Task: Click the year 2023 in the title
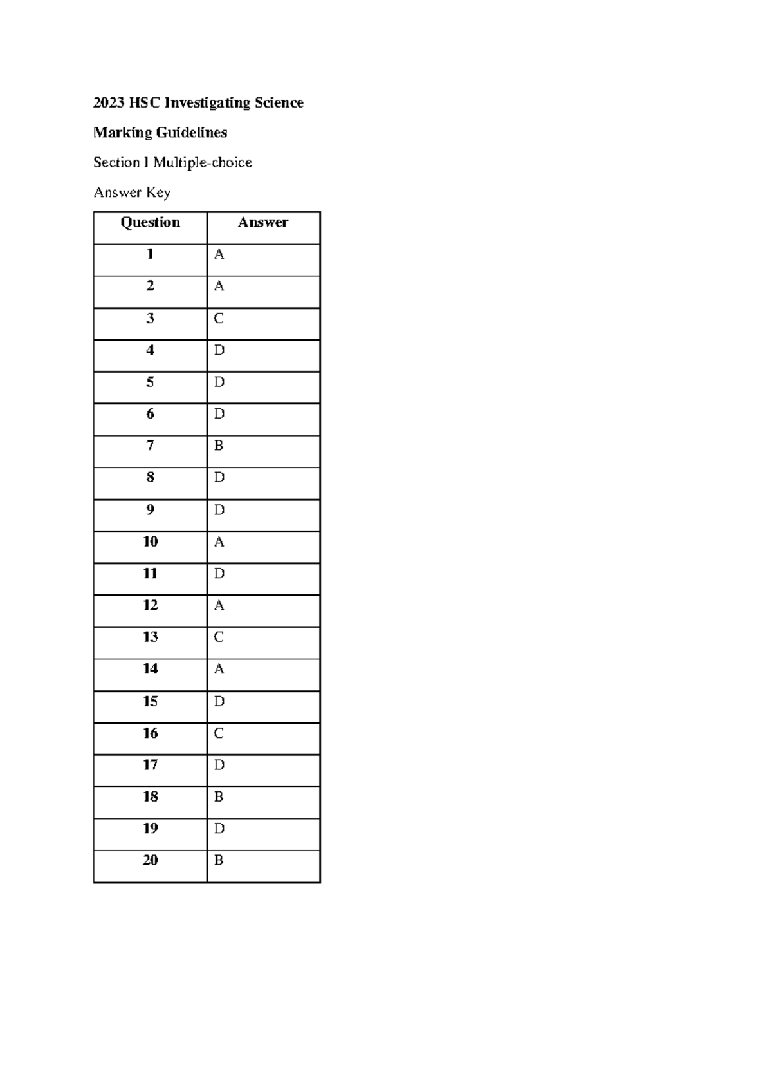pyautogui.click(x=109, y=103)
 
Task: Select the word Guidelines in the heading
pyautogui.click(x=192, y=133)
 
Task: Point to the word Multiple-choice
pyautogui.click(x=203, y=162)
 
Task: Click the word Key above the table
pyautogui.click(x=158, y=193)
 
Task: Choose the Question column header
pyautogui.click(x=150, y=223)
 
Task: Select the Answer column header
pyautogui.click(x=262, y=223)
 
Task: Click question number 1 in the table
pyautogui.click(x=150, y=254)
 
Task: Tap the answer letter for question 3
pyautogui.click(x=219, y=319)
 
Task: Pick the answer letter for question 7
pyautogui.click(x=219, y=446)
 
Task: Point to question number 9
pyautogui.click(x=150, y=510)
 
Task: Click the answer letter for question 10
pyautogui.click(x=219, y=542)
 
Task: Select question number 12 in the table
pyautogui.click(x=150, y=605)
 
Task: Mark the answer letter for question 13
pyautogui.click(x=219, y=637)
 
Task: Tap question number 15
pyautogui.click(x=150, y=701)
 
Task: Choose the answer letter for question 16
pyautogui.click(x=219, y=733)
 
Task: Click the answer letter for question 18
pyautogui.click(x=219, y=797)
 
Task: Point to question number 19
pyautogui.click(x=150, y=829)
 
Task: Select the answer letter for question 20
pyautogui.click(x=219, y=860)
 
